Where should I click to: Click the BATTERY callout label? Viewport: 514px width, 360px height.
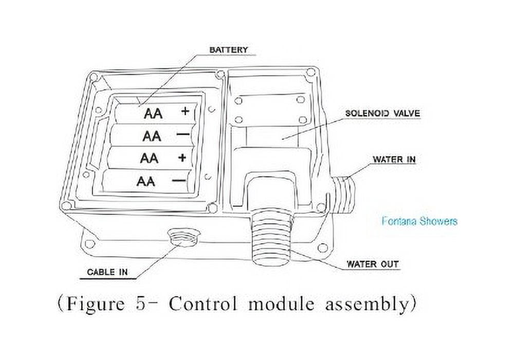tap(229, 50)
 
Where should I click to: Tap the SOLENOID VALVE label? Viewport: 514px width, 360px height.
tap(382, 114)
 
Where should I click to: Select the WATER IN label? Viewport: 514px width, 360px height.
tap(394, 159)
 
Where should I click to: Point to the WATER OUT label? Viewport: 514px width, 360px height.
tap(373, 264)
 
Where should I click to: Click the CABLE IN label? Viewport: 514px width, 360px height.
tap(107, 272)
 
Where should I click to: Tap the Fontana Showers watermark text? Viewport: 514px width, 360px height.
tap(419, 221)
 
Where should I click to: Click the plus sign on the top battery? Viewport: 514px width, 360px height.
tap(185, 111)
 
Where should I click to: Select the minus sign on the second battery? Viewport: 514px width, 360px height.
tap(182, 134)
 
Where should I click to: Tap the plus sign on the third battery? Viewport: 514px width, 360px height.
tap(182, 158)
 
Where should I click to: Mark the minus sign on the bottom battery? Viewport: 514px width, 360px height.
tap(179, 181)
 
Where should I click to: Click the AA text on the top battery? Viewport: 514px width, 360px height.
tap(153, 114)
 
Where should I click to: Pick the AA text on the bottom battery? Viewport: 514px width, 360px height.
tap(146, 181)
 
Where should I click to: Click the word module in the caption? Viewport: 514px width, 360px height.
tap(281, 304)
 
